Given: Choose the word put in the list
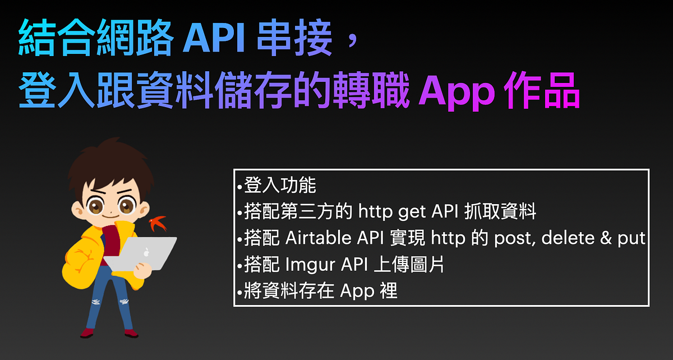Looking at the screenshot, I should pos(631,238).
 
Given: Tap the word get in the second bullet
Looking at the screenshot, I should pos(412,212).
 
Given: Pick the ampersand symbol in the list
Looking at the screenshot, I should pos(600,238).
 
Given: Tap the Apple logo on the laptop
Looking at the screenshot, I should pos(146,252).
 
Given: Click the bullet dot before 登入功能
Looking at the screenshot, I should pos(240,186).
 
